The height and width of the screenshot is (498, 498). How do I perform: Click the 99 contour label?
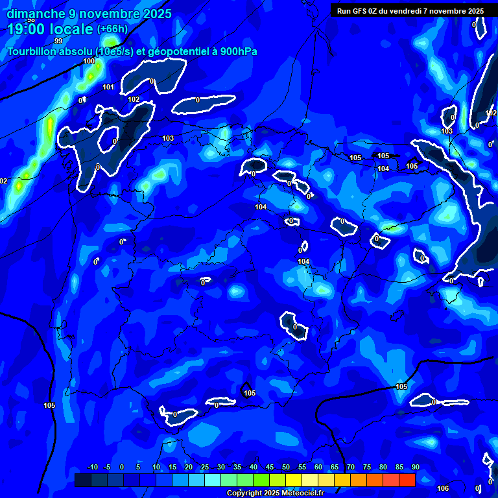[x=58, y=41]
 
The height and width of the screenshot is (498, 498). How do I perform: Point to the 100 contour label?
[x=89, y=62]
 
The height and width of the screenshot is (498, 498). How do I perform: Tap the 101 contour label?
[x=108, y=88]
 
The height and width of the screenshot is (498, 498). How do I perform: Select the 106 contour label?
[x=443, y=488]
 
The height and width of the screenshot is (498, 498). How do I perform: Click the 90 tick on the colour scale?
[x=415, y=467]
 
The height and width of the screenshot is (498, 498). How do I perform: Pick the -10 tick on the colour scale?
[x=93, y=467]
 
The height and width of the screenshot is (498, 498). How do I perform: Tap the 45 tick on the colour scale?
[x=270, y=467]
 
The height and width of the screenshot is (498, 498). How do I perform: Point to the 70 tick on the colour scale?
[x=351, y=467]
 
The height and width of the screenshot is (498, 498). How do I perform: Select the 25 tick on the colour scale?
[x=205, y=467]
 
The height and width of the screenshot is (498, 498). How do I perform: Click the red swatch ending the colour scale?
[x=407, y=480]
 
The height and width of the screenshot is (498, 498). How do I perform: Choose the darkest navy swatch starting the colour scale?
[x=82, y=480]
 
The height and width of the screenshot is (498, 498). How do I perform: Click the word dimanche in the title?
[x=36, y=14]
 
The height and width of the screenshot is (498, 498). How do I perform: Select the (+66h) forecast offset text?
[x=112, y=29]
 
